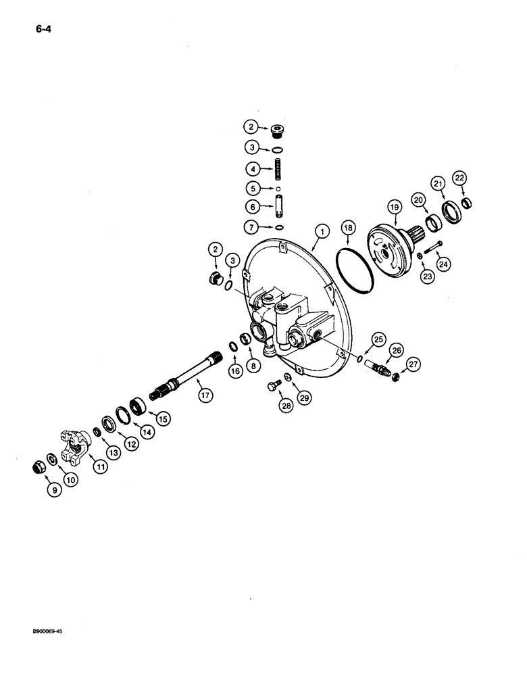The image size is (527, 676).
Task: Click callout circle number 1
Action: [323, 232]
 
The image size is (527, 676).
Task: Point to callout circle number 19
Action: [395, 206]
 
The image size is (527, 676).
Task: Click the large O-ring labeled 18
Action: [353, 270]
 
